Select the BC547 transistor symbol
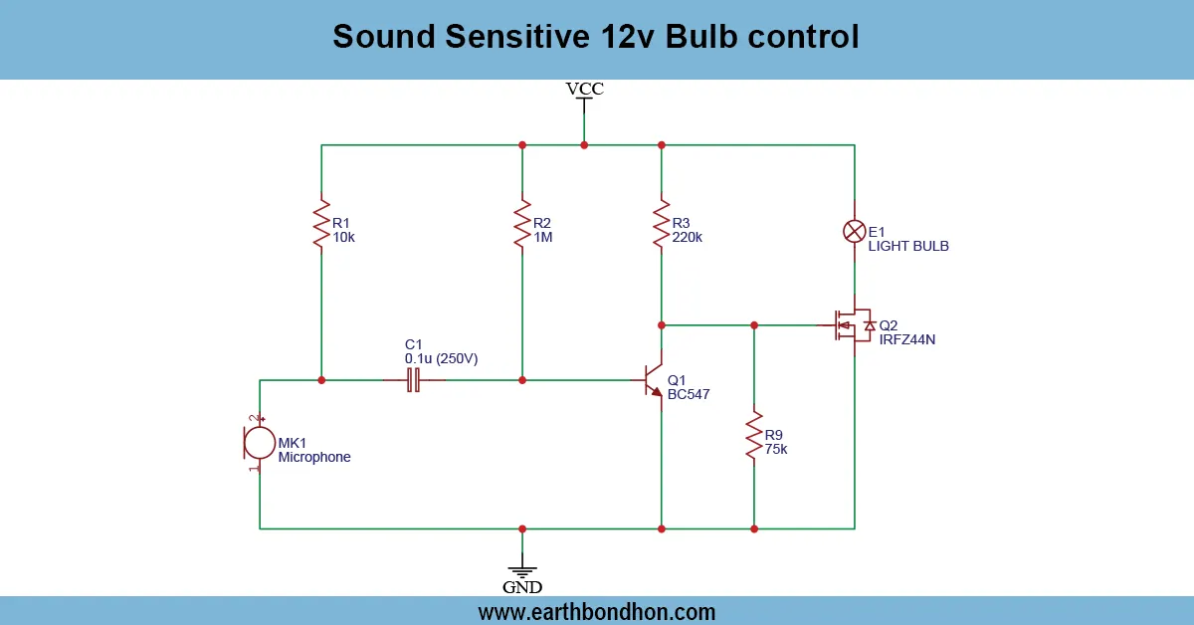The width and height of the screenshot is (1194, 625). (653, 380)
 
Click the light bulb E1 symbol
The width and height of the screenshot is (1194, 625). (854, 231)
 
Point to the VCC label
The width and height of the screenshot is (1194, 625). (584, 89)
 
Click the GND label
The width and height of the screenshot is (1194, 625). (522, 587)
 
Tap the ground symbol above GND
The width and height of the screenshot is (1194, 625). (522, 568)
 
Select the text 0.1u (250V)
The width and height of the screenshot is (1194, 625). (441, 358)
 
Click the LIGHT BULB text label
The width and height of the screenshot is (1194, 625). (908, 246)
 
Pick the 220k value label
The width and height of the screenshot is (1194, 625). (687, 238)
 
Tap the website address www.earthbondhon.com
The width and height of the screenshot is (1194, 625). (596, 611)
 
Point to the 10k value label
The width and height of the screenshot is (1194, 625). (343, 238)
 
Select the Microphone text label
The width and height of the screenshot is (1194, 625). (314, 458)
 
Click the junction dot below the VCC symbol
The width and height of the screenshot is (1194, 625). (584, 145)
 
